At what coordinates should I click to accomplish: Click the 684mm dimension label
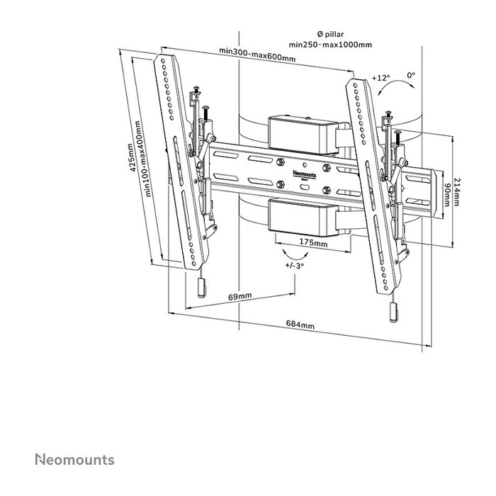coord(300,325)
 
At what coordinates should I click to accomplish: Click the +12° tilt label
coord(381,77)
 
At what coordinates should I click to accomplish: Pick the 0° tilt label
coord(411,74)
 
